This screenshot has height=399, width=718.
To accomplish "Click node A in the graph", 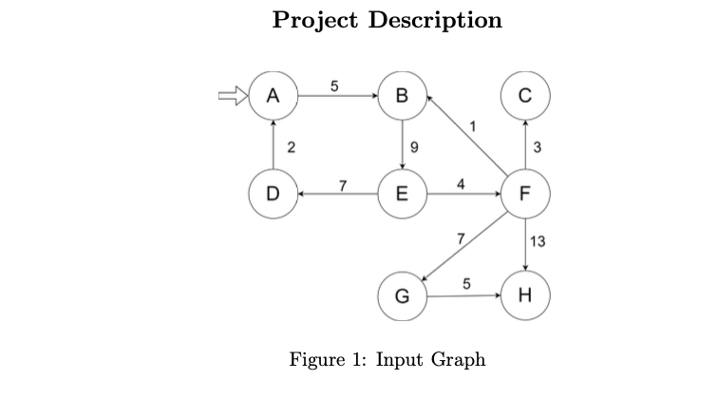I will pyautogui.click(x=274, y=95).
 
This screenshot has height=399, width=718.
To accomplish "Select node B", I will pyautogui.click(x=402, y=95).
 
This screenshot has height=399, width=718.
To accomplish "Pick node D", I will pyautogui.click(x=274, y=195).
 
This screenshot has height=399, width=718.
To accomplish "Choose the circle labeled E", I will pyautogui.click(x=402, y=195).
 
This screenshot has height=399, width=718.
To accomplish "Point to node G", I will pyautogui.click(x=402, y=294).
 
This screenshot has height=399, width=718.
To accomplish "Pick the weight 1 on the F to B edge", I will pyautogui.click(x=472, y=125).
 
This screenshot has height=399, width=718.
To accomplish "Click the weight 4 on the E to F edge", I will pyautogui.click(x=461, y=183).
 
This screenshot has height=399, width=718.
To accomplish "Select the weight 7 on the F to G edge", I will pyautogui.click(x=459, y=237).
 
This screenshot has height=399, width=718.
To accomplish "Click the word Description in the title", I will pyautogui.click(x=438, y=20).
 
